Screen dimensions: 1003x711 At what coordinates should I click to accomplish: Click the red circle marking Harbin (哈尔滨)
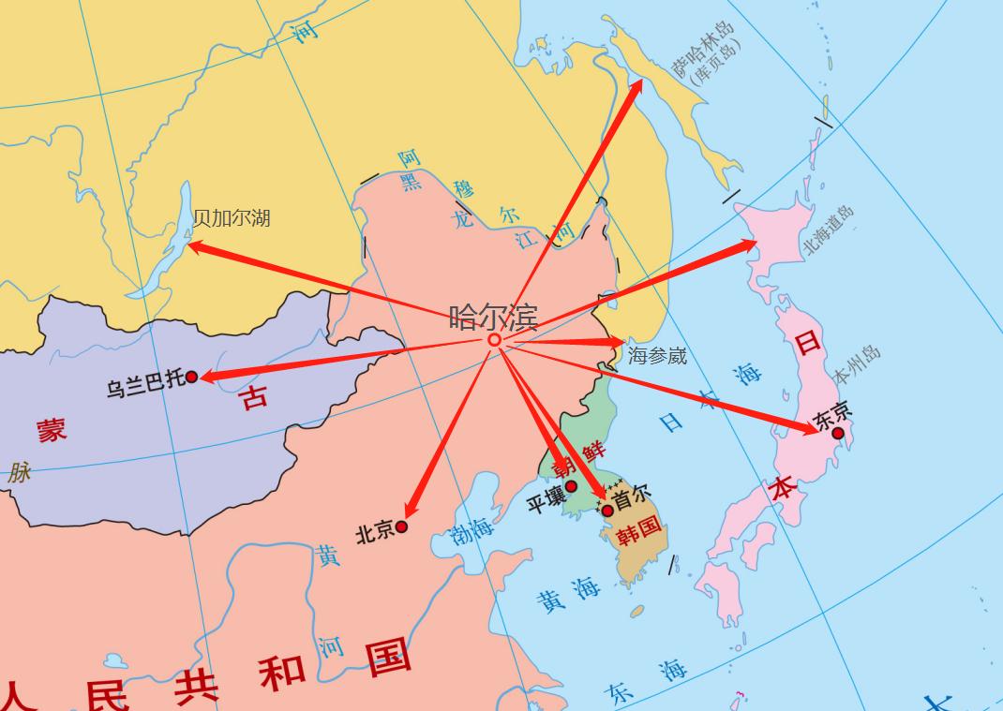tap(494, 340)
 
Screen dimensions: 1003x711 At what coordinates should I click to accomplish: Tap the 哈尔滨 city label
tap(493, 318)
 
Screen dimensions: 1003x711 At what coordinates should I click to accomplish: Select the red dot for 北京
tap(402, 526)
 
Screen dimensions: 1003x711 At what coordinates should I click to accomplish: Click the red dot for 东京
tap(838, 433)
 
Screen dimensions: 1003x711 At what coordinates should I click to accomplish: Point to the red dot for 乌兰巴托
tap(191, 377)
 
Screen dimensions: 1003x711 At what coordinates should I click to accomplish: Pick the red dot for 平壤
tap(571, 485)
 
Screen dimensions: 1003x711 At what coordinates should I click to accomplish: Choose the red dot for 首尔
tap(607, 511)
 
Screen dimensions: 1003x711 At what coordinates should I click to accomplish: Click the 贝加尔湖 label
tap(232, 218)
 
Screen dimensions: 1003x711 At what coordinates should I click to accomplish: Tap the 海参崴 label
tap(657, 355)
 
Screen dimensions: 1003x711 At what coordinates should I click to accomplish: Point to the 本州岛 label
tap(857, 365)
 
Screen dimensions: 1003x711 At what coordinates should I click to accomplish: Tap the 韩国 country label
tap(638, 532)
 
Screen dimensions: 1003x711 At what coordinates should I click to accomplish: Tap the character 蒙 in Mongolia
tap(52, 430)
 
